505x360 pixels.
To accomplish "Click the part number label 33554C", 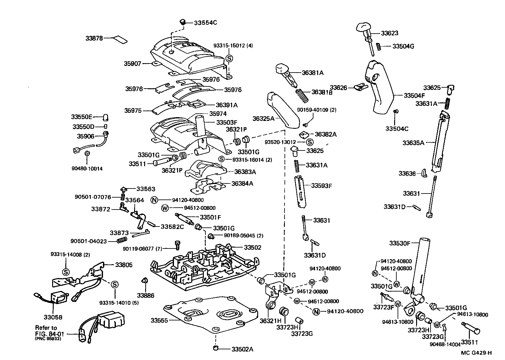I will [205, 23].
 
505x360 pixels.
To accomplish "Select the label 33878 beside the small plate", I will [94, 38].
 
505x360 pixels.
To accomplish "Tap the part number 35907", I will [133, 63].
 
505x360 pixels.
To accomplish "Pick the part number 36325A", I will [263, 118].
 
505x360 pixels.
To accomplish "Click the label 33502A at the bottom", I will [242, 349].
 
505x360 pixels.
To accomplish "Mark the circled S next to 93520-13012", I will [310, 142].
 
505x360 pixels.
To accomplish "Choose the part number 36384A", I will [242, 183].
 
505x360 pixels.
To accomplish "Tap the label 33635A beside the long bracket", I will [413, 143].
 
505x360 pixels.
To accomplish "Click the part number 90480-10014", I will [87, 169].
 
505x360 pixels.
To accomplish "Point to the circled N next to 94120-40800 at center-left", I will [154, 200].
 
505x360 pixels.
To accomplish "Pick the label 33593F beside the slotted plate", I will [321, 186].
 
